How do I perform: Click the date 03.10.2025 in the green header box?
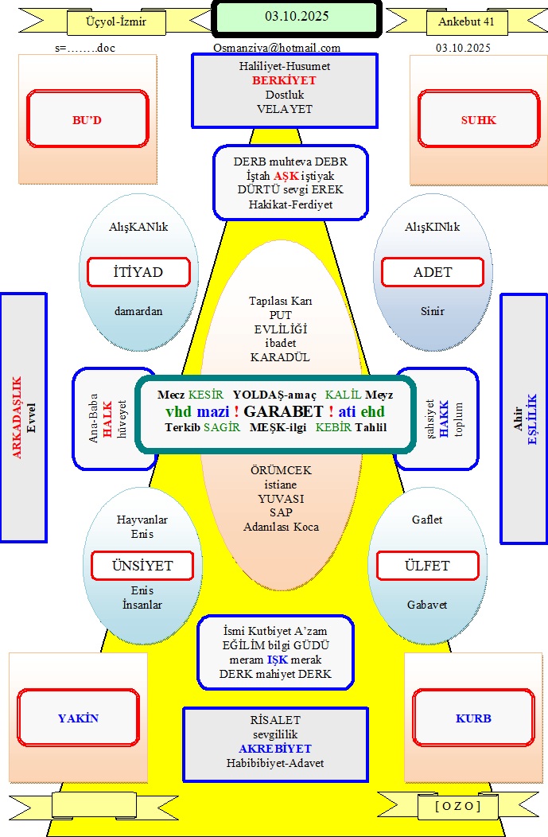[296, 16]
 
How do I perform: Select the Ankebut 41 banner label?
[466, 22]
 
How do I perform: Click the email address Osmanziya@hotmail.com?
[277, 48]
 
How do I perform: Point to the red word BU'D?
[87, 120]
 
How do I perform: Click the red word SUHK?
[478, 120]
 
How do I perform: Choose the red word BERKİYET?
[284, 80]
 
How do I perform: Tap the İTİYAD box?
[138, 272]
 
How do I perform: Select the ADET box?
[433, 272]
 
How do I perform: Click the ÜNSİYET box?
[142, 566]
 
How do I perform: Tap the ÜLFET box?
[427, 566]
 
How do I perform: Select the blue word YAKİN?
[78, 718]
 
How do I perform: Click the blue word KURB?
[473, 718]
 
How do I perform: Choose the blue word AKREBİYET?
[275, 749]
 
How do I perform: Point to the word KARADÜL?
[280, 357]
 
